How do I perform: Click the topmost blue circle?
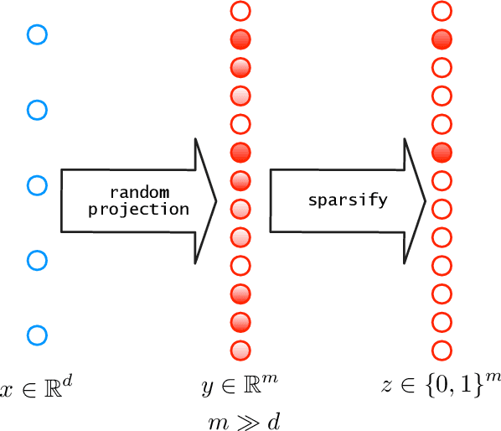pos(36,34)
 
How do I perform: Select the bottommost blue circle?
pos(36,335)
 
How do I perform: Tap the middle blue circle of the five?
pos(36,184)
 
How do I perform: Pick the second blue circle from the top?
pos(36,110)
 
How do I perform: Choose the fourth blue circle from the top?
pos(36,260)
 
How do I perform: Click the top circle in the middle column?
pos(240,11)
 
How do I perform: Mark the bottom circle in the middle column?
pos(240,350)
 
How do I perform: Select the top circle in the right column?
pos(442,11)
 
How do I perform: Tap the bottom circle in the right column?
pos(442,350)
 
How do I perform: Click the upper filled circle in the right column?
pos(442,39)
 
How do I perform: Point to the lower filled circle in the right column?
pos(442,152)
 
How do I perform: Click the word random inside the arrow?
pos(139,193)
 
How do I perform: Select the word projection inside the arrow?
pos(139,209)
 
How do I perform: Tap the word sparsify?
pos(338,201)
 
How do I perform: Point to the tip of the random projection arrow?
pos(216,201)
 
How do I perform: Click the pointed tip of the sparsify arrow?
pos(426,201)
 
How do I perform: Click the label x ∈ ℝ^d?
pos(32,387)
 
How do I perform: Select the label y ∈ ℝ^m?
pos(240,387)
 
